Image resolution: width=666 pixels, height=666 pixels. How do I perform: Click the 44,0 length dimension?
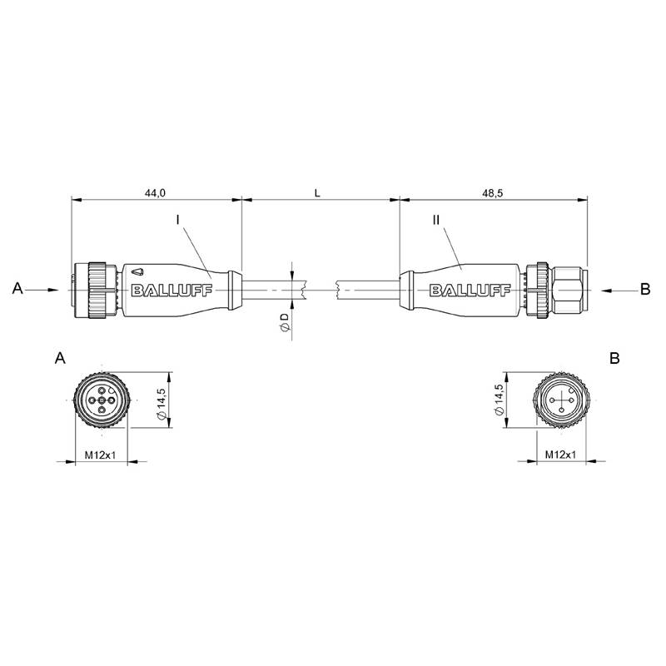click(155, 193)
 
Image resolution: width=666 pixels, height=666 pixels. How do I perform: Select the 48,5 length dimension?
click(493, 193)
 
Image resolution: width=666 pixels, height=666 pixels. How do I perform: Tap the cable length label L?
click(317, 193)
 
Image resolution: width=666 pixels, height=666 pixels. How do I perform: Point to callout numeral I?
click(178, 220)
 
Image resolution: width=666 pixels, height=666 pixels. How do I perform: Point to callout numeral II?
click(436, 220)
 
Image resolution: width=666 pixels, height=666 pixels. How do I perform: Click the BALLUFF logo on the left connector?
click(172, 291)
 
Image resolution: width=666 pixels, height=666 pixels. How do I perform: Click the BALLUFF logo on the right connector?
click(470, 291)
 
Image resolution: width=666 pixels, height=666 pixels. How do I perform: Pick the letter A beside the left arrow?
click(17, 288)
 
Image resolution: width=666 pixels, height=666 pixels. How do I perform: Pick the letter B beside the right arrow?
click(645, 289)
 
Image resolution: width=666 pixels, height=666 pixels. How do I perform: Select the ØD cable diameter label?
click(285, 322)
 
